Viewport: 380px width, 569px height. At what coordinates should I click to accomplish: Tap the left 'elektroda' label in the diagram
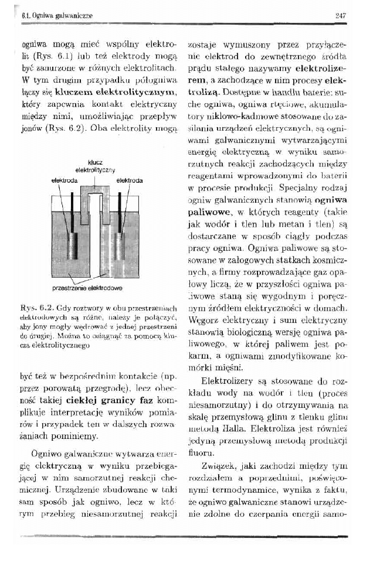point(65,182)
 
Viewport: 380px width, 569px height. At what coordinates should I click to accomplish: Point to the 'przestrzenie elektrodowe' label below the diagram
point(96,288)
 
